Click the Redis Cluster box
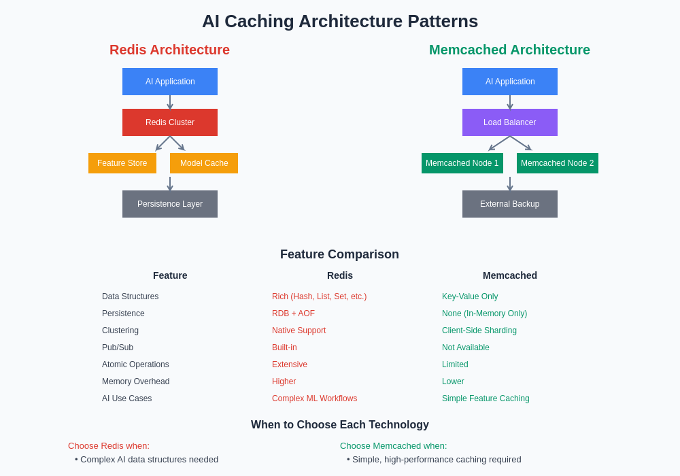[x=170, y=122]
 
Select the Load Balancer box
[x=510, y=122]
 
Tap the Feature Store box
[x=122, y=163]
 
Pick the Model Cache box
[x=204, y=163]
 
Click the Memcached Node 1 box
[x=462, y=163]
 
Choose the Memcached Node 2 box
[x=558, y=163]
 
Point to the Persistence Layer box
[x=170, y=204]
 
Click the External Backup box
[x=510, y=204]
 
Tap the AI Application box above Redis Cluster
[x=170, y=82]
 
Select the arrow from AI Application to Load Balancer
[x=510, y=102]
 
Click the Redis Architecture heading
[x=169, y=50]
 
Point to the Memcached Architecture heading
[x=509, y=50]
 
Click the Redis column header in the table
[x=340, y=275]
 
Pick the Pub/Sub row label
[x=118, y=347]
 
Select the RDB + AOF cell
[x=293, y=313]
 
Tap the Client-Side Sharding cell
[x=479, y=330]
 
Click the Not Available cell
[x=466, y=347]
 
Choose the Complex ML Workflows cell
[x=314, y=398]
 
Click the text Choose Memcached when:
[x=394, y=446]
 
